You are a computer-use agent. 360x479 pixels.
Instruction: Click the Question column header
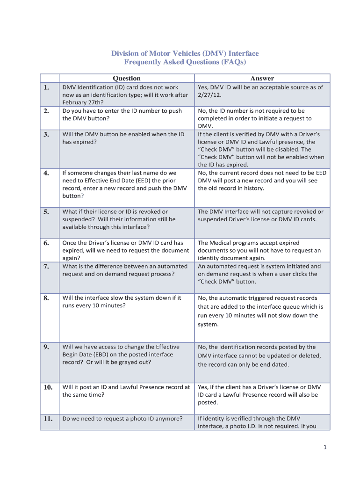[127, 78]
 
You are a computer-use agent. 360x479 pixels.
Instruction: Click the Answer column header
[262, 78]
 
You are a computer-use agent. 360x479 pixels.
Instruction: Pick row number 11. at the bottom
[48, 419]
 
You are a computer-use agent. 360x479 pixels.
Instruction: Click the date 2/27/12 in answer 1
[210, 95]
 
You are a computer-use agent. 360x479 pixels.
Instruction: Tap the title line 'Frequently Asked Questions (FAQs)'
[185, 62]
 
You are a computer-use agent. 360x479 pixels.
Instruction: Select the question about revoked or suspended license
[119, 219]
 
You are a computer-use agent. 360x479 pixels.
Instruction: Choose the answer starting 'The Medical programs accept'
[259, 250]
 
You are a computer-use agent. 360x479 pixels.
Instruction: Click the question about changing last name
[124, 184]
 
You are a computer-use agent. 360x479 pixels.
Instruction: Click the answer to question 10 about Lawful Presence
[259, 394]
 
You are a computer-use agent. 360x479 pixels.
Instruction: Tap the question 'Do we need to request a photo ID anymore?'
[122, 419]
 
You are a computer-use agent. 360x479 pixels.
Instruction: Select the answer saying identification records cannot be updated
[259, 356]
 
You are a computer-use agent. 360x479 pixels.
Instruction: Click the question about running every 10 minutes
[122, 302]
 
